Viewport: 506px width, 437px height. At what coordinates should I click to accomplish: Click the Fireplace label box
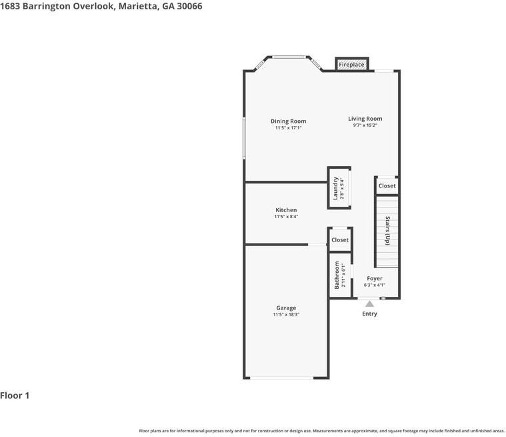(351, 65)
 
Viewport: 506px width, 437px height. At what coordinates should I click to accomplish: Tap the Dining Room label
(288, 121)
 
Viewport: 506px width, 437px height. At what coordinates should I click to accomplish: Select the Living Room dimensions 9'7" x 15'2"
(365, 125)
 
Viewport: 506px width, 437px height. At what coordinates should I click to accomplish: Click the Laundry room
(339, 188)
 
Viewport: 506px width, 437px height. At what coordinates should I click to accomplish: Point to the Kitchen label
(286, 210)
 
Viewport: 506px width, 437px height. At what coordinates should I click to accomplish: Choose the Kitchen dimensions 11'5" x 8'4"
(286, 217)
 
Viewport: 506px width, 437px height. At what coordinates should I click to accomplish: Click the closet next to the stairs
(387, 186)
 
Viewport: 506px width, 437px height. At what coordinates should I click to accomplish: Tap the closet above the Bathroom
(340, 240)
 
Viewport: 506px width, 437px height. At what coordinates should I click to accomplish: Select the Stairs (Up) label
(387, 231)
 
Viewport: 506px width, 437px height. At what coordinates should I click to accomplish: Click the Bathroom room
(339, 275)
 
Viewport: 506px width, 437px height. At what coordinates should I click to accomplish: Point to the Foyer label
(375, 278)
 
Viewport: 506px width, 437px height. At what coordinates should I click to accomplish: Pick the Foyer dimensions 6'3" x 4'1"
(375, 285)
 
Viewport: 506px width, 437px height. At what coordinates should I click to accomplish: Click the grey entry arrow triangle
(369, 304)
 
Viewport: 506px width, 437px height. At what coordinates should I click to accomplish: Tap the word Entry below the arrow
(369, 314)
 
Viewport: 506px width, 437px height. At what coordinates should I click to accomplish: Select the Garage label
(286, 308)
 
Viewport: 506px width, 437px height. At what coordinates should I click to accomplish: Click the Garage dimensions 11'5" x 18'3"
(286, 315)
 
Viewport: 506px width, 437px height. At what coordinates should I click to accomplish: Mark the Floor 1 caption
(15, 396)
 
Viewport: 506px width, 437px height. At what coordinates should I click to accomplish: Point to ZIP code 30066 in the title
(189, 6)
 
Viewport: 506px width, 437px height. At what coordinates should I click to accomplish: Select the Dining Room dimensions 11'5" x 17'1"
(288, 128)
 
